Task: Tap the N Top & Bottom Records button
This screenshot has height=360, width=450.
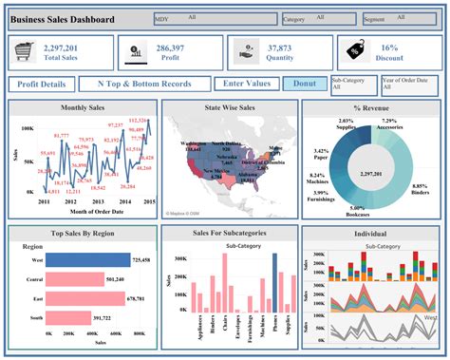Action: click(145, 85)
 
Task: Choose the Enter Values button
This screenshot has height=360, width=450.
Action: click(245, 85)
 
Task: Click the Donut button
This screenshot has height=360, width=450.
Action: click(304, 85)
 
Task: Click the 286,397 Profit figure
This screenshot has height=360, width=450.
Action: click(170, 47)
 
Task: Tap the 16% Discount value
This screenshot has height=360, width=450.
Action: click(389, 47)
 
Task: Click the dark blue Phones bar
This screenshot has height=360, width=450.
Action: click(274, 281)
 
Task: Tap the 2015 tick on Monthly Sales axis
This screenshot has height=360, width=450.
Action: click(149, 201)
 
